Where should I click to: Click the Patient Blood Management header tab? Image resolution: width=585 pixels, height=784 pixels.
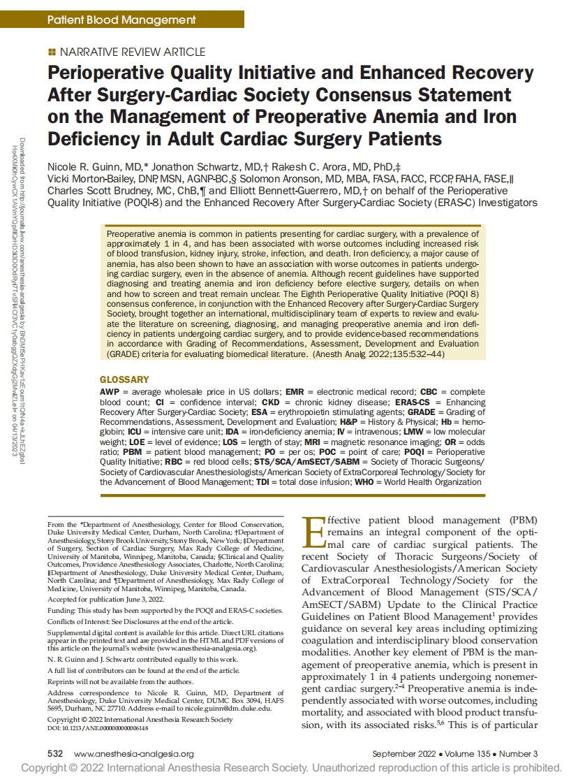tap(121, 20)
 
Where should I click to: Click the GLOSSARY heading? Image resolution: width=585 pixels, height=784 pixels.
tap(124, 380)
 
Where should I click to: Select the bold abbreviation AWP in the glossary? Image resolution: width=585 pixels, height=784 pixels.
tap(110, 393)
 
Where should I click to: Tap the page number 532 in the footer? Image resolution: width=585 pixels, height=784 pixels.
tap(55, 754)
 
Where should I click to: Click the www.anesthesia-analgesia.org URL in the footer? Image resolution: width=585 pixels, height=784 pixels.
tap(133, 754)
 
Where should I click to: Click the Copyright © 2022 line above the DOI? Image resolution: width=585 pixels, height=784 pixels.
tap(140, 719)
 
